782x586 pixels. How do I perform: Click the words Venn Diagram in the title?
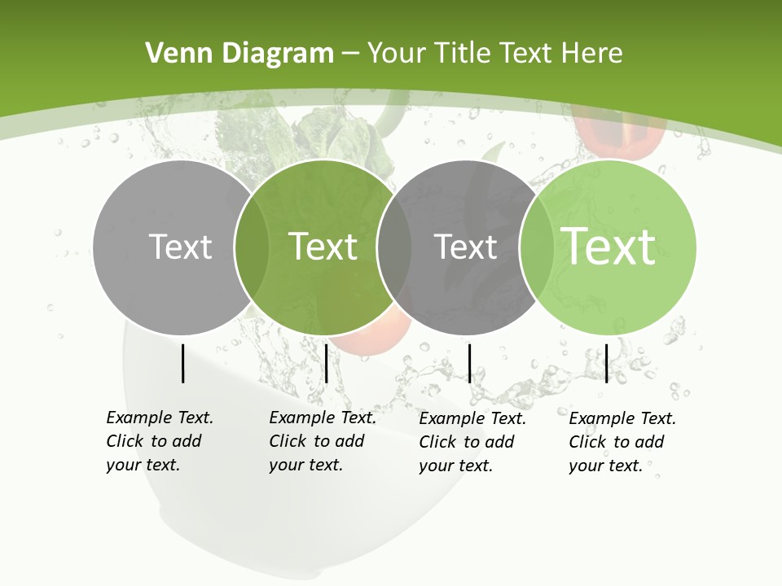[239, 54]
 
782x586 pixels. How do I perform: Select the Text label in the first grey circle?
[181, 247]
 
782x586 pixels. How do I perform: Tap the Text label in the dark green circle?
[323, 247]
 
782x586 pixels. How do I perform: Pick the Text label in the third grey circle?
[466, 247]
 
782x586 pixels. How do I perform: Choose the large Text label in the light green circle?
[608, 247]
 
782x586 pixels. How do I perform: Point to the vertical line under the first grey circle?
[182, 363]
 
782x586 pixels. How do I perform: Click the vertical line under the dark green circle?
[326, 363]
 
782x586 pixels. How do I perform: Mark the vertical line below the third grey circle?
[469, 363]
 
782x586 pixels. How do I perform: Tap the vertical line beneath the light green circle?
[606, 363]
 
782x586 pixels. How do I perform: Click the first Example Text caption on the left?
[160, 441]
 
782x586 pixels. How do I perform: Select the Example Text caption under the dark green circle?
[323, 441]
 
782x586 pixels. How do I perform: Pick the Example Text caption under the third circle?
[472, 442]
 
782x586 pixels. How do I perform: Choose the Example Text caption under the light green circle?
[622, 442]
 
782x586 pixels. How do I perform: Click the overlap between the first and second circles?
[252, 247]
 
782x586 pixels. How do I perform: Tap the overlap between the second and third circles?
[394, 247]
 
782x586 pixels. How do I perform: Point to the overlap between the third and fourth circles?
[537, 247]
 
